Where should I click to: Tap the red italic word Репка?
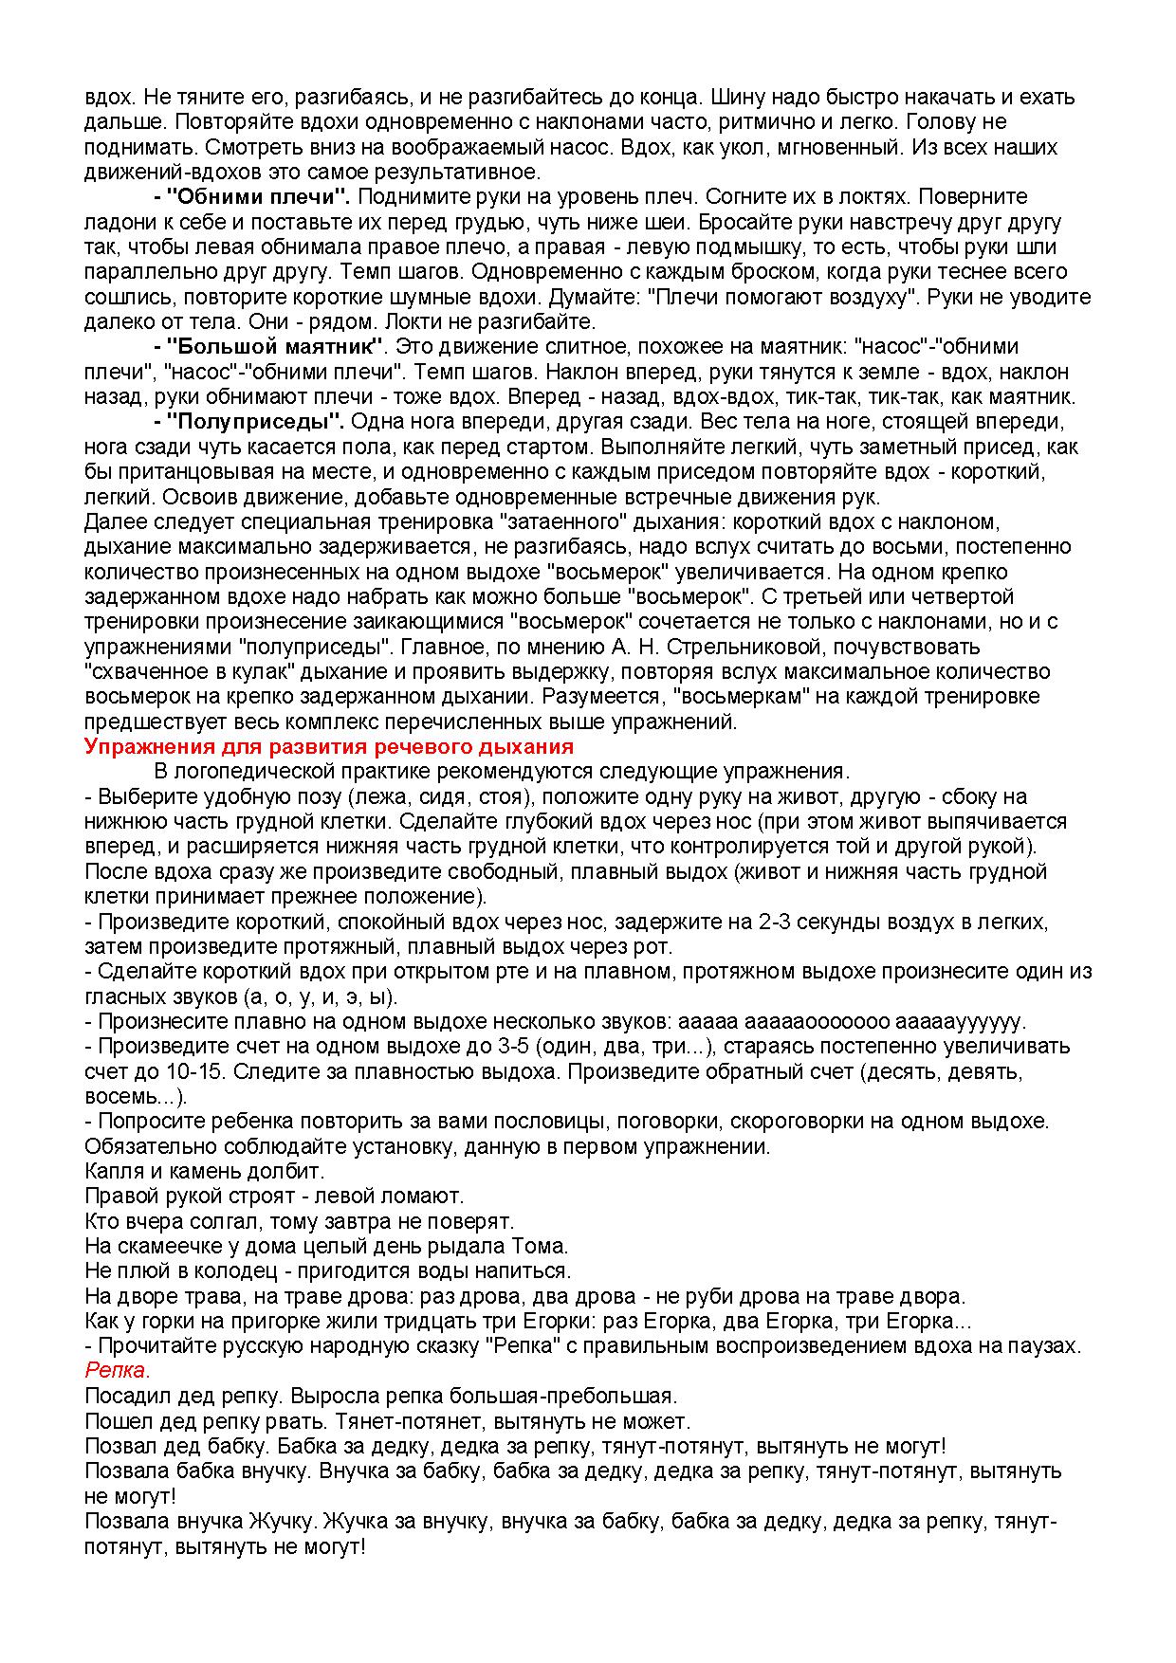click(117, 1370)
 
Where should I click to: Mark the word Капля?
click(113, 1171)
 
